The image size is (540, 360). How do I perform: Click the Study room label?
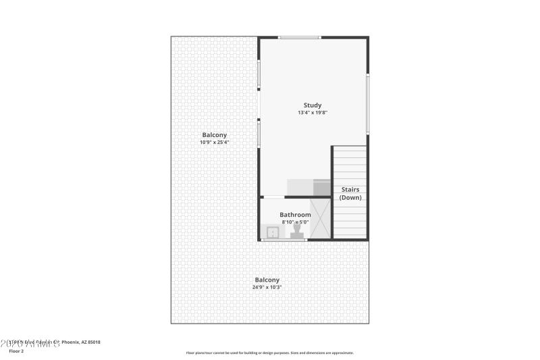point(312,105)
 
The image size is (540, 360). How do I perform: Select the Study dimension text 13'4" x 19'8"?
point(312,113)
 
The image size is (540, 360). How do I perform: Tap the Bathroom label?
point(296,215)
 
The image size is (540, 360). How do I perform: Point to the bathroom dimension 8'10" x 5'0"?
point(296,222)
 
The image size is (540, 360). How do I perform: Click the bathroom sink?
point(273,232)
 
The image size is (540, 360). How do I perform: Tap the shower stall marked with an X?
point(319,218)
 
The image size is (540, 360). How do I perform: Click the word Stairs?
point(350,190)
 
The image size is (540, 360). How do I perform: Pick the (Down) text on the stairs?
point(350,198)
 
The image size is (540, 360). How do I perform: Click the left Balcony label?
point(213,134)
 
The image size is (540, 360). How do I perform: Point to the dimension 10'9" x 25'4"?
point(213,143)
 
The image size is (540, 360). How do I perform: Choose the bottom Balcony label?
point(267,280)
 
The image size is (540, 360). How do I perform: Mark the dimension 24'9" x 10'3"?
point(267,288)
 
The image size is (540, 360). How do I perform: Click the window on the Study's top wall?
point(300,37)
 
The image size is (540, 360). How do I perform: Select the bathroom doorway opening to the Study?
point(273,197)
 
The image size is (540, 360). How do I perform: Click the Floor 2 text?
point(16,351)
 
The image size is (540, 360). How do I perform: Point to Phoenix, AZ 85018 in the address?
point(81,342)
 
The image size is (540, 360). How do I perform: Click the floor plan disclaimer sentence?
point(269,353)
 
